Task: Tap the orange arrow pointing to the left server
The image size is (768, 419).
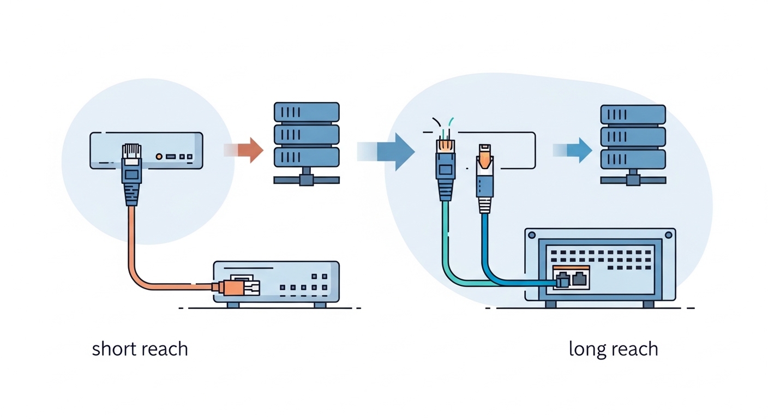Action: coord(247,150)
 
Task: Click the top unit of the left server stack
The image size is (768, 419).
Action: coord(306,112)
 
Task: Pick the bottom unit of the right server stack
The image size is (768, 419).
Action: coord(633,159)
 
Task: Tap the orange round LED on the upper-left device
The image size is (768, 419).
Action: coord(159,157)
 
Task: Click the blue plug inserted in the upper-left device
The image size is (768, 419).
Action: coord(132,175)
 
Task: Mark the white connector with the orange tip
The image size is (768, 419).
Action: coord(485,175)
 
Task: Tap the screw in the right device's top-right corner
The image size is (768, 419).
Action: coord(668,236)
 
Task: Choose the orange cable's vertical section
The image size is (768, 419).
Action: coord(131,240)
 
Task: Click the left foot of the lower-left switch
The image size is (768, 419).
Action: coord(233,305)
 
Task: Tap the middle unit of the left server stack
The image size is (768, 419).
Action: coord(306,135)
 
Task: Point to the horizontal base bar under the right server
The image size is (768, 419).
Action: coord(633,180)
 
